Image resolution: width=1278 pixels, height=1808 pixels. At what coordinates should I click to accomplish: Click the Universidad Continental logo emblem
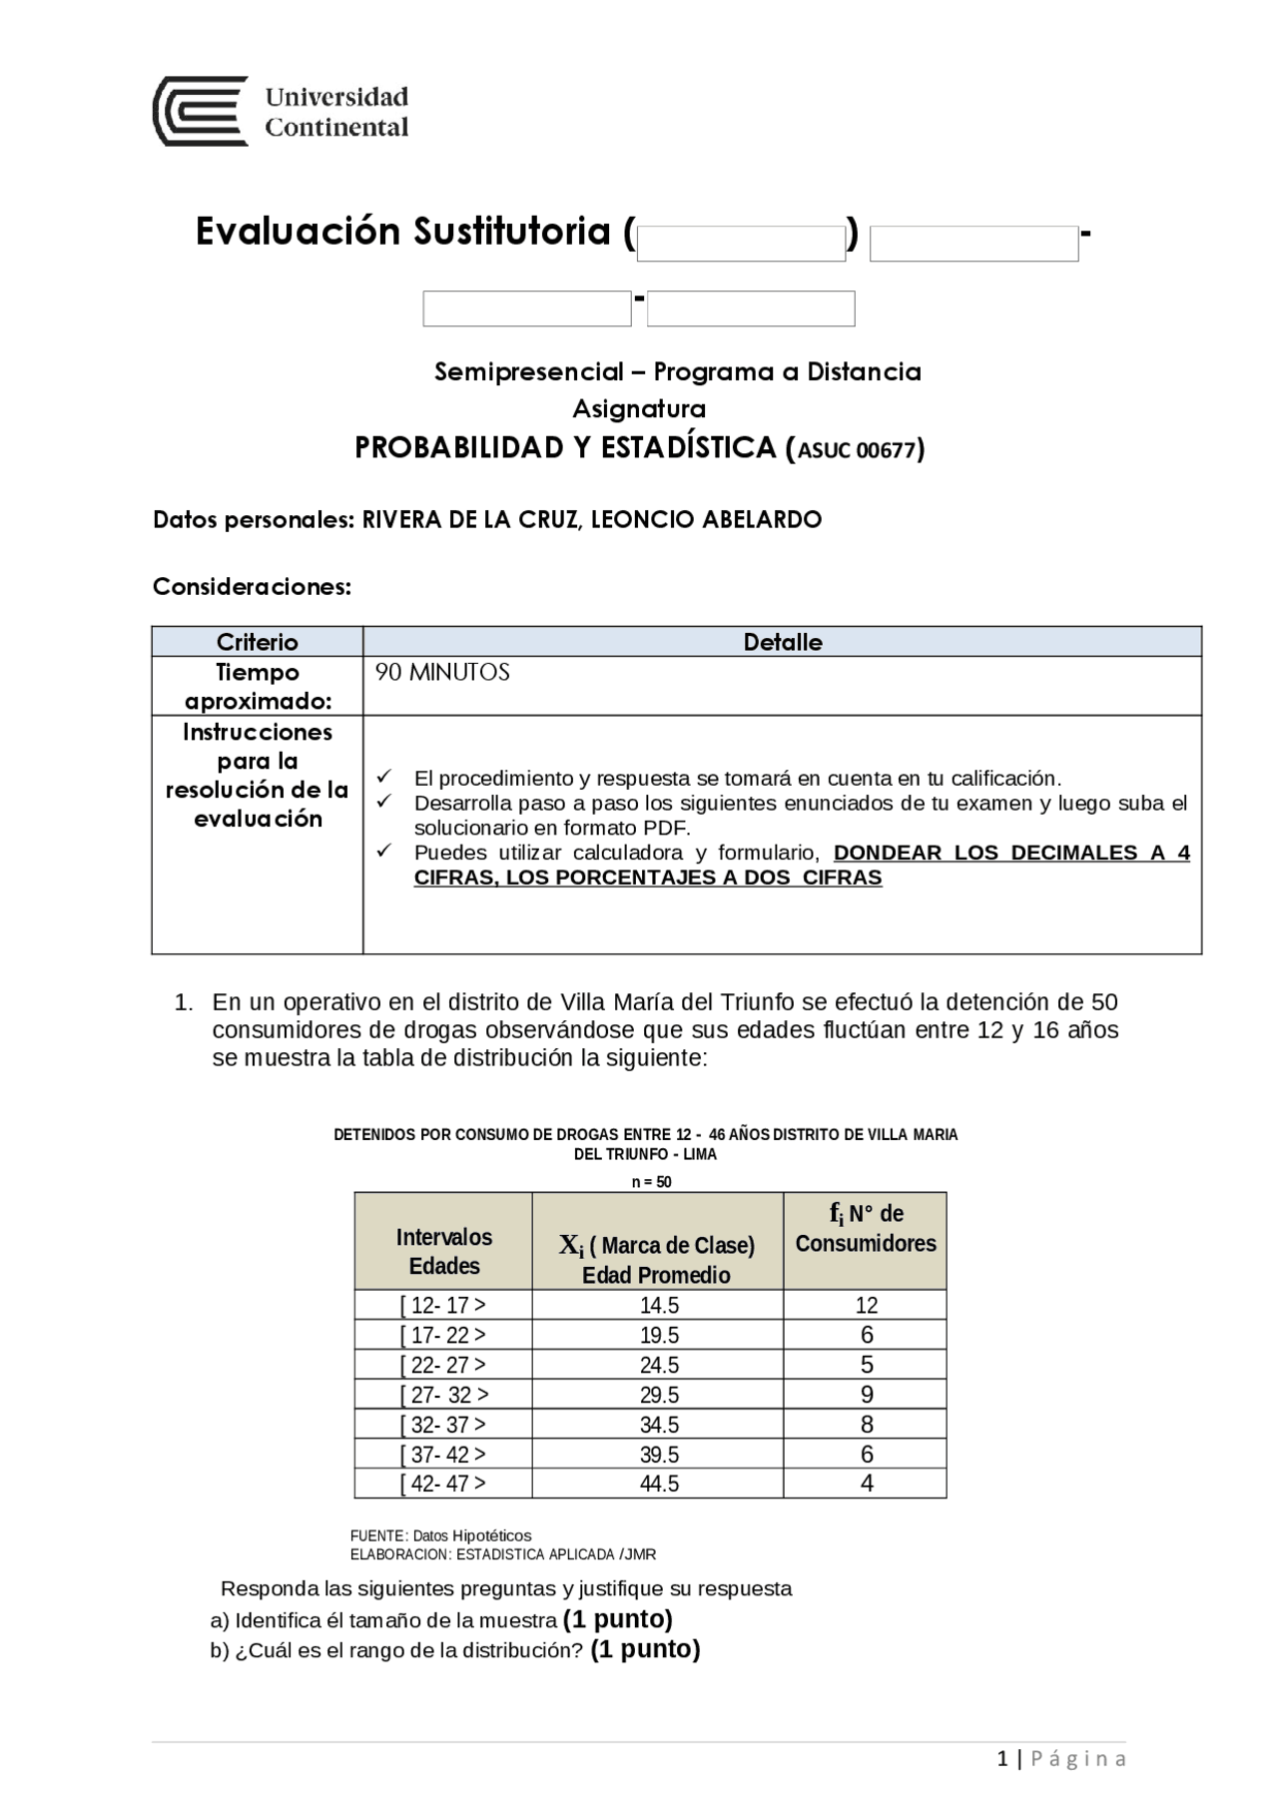click(200, 111)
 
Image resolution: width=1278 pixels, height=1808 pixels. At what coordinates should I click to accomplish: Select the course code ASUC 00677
click(857, 450)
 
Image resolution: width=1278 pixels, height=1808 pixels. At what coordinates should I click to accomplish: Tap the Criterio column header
click(257, 642)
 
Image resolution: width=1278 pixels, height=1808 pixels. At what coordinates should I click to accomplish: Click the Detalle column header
click(782, 642)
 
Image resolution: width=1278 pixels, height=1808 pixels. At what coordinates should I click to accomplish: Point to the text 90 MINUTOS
click(442, 673)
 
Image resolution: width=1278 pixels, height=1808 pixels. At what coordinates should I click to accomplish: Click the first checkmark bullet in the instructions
click(385, 777)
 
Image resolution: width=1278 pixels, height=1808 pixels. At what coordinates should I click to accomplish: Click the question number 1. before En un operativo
click(184, 1002)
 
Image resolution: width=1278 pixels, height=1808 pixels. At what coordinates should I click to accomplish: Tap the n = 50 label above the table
click(651, 1182)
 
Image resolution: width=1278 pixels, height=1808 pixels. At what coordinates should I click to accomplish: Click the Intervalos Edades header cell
click(443, 1251)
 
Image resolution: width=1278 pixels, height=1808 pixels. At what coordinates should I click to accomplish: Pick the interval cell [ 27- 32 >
click(443, 1395)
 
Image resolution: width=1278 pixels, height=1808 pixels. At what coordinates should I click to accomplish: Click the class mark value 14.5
click(659, 1306)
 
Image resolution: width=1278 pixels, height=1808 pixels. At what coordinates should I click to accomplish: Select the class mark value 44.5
click(659, 1485)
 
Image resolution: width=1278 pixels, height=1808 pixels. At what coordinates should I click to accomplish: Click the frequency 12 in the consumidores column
click(866, 1306)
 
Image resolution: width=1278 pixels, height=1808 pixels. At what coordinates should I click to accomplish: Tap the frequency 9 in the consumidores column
click(866, 1395)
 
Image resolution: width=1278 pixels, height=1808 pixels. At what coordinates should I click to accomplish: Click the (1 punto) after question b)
click(645, 1649)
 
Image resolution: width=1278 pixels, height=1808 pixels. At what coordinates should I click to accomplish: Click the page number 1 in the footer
click(1001, 1759)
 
